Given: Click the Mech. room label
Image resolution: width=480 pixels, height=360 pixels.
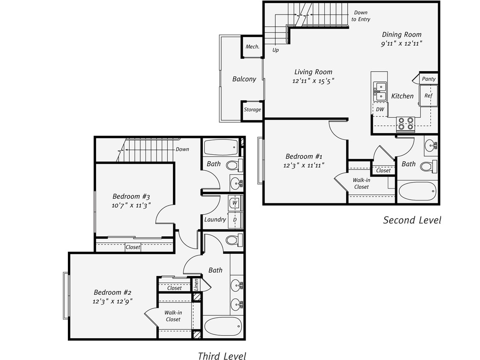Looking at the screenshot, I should (x=252, y=46).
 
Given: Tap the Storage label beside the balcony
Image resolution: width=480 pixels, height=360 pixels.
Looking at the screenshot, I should (x=252, y=110).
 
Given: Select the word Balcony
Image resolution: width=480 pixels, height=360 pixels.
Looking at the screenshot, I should (x=244, y=79).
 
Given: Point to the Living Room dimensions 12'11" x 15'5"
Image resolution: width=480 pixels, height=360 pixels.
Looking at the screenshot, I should (x=313, y=81).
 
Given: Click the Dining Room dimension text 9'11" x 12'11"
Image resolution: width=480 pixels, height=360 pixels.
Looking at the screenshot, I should (x=401, y=44).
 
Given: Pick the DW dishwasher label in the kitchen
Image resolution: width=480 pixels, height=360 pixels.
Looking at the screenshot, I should (x=380, y=109).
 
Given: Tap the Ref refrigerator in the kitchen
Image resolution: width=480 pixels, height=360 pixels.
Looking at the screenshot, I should (x=428, y=96).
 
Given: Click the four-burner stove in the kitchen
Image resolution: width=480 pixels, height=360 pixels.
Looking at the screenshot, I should (x=405, y=123).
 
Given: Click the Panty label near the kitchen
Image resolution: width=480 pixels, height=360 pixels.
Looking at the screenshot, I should (x=429, y=79).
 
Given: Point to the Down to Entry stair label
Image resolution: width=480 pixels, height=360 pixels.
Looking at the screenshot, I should (x=360, y=16).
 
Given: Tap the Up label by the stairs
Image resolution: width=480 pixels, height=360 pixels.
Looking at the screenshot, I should (x=276, y=50).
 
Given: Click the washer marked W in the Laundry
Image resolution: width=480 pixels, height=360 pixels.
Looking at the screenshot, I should (x=235, y=203).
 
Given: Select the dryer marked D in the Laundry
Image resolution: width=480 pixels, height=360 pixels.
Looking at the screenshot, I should (x=235, y=220).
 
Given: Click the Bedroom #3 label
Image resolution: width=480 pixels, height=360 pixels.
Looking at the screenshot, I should (x=131, y=196).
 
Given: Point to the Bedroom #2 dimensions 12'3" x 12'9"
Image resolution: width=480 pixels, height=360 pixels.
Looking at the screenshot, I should (x=113, y=301).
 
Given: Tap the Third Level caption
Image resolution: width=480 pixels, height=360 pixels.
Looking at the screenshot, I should (x=222, y=355).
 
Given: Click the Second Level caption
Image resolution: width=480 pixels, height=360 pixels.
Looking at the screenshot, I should (x=412, y=220).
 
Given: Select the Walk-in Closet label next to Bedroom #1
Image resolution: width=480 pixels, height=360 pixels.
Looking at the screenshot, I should (x=361, y=183).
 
